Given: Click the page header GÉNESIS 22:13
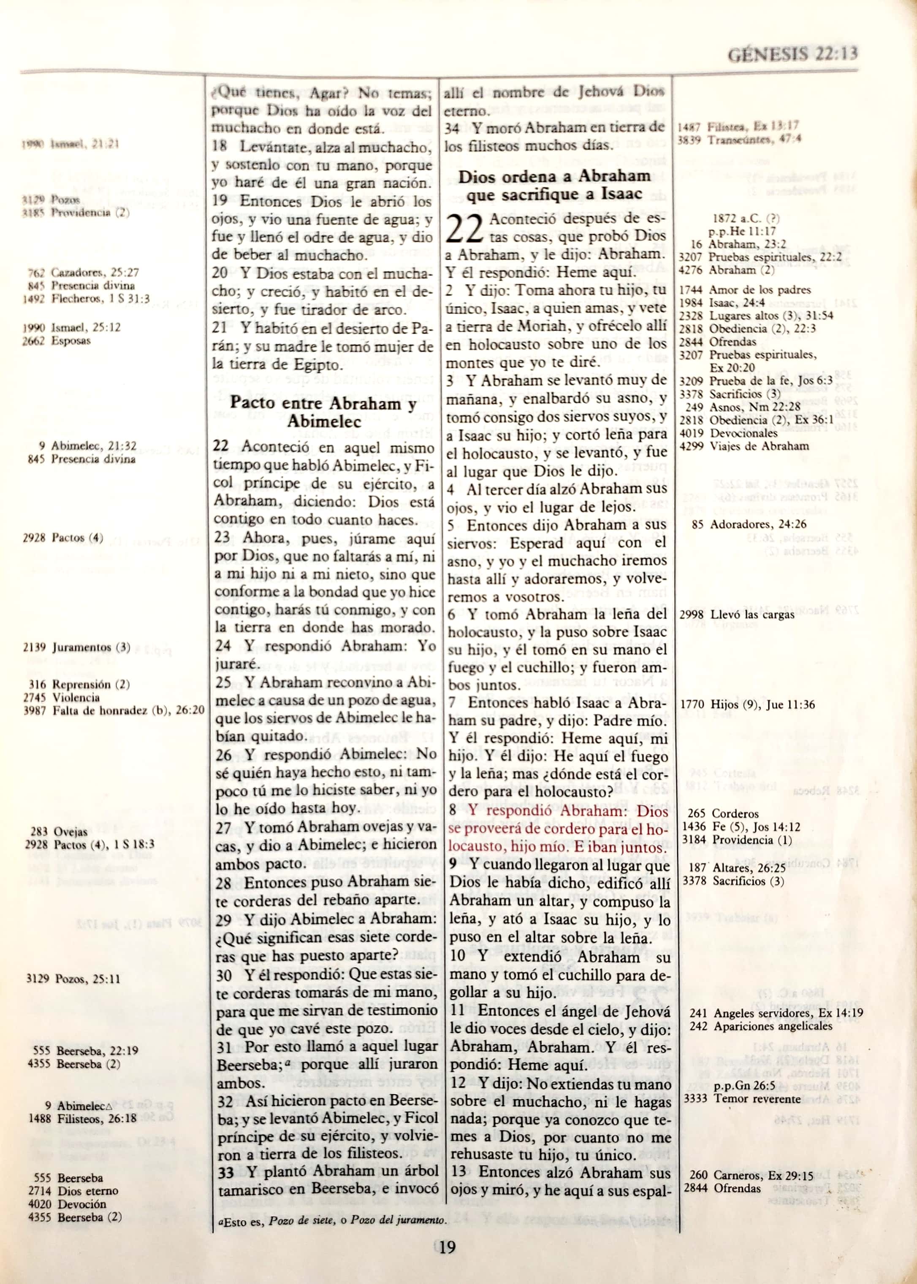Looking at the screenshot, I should click(x=792, y=54).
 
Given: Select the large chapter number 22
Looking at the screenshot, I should click(x=464, y=229).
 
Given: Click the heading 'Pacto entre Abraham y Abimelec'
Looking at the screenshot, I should click(x=323, y=412).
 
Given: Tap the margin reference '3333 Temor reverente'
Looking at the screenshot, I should click(x=742, y=1098).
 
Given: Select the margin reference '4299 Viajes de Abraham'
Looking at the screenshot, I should click(x=743, y=446).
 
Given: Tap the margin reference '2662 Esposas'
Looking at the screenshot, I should click(x=57, y=341).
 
